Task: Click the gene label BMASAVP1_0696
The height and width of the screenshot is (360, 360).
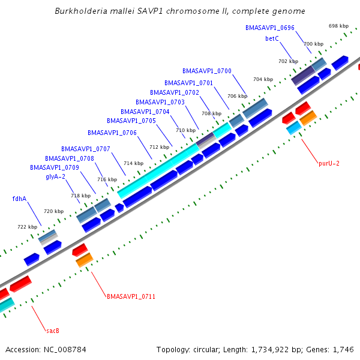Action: pyautogui.click(x=269, y=28)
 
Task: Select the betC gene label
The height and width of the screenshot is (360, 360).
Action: pyautogui.click(x=272, y=38)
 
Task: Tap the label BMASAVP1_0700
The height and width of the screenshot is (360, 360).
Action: pyautogui.click(x=207, y=71)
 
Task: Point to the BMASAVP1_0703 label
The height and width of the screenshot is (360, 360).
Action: pyautogui.click(x=160, y=102)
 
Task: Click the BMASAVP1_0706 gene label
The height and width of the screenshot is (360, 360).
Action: pyautogui.click(x=112, y=133)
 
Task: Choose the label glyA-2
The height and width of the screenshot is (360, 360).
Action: pyautogui.click(x=55, y=176)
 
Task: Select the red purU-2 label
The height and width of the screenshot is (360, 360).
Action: pyautogui.click(x=329, y=163)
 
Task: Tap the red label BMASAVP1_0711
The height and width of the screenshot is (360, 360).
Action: pyautogui.click(x=131, y=296)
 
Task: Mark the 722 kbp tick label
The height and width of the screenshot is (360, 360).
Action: pyautogui.click(x=27, y=227)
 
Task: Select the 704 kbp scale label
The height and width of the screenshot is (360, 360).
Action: pyautogui.click(x=262, y=79)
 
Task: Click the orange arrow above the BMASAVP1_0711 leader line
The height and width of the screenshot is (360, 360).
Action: pyautogui.click(x=84, y=260)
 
